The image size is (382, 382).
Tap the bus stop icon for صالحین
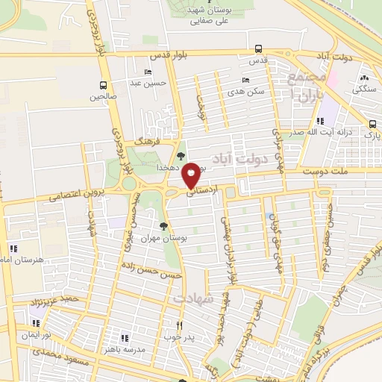(103, 84)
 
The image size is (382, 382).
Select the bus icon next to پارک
(372, 124)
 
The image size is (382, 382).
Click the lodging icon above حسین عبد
(148, 72)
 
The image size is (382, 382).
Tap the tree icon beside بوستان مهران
(163, 224)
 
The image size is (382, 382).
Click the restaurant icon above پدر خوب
(179, 325)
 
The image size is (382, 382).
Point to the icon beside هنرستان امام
(13, 248)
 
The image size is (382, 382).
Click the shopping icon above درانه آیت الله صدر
(319, 122)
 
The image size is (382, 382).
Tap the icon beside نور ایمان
(36, 323)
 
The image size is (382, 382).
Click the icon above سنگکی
(365, 78)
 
